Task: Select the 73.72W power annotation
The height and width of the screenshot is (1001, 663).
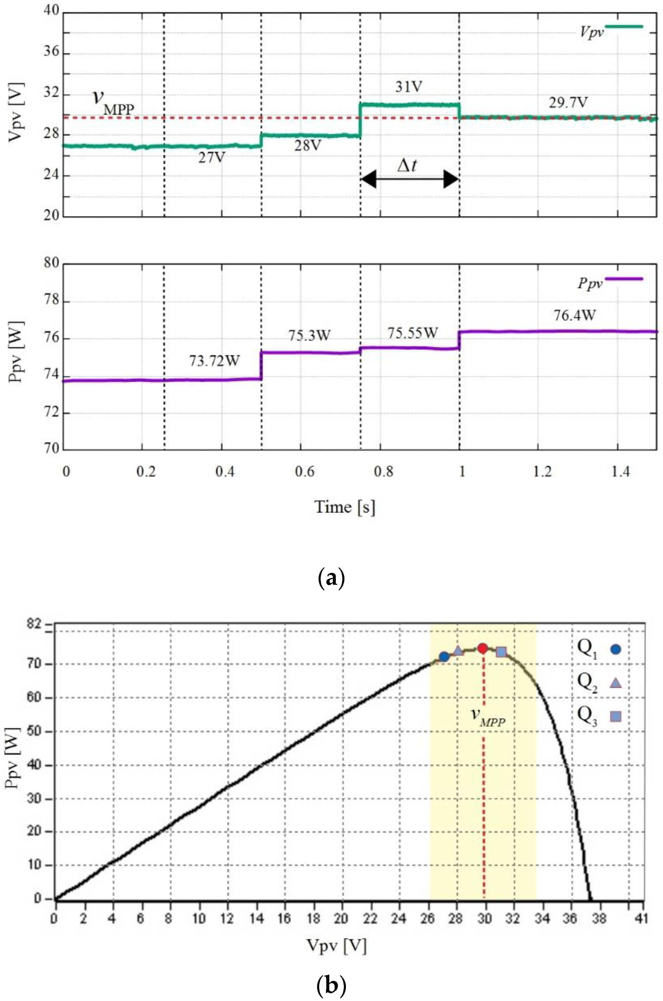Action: coord(214,361)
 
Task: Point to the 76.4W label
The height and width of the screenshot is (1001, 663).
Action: coord(575,315)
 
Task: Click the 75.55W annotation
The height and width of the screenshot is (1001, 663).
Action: coord(412,333)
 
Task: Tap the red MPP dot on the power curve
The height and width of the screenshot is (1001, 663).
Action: coord(482,648)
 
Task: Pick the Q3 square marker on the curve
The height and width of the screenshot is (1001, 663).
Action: coord(501,652)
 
